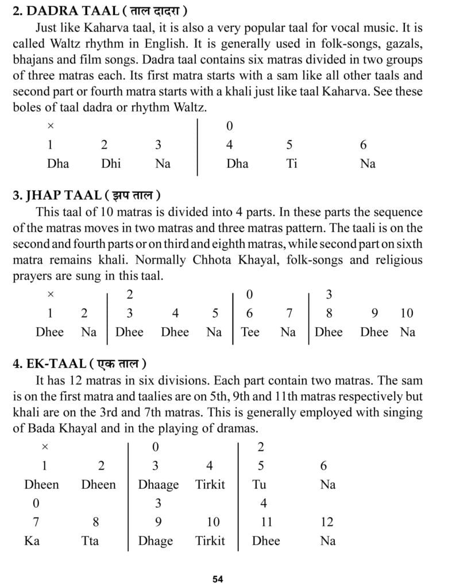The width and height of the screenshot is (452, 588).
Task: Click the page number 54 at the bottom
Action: pyautogui.click(x=217, y=579)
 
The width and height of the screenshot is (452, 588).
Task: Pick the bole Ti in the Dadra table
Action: pyautogui.click(x=292, y=164)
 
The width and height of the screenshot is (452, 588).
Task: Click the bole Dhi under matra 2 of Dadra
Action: pyautogui.click(x=111, y=164)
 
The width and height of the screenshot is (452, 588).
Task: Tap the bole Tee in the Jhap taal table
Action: pyautogui.click(x=250, y=332)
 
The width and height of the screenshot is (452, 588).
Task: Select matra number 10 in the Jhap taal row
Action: pyautogui.click(x=407, y=313)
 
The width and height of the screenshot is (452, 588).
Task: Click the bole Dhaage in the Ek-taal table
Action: pyautogui.click(x=159, y=485)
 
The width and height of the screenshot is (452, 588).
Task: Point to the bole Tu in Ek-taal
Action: pyautogui.click(x=259, y=485)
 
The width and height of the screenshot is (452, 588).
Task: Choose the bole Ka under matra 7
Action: pyautogui.click(x=32, y=540)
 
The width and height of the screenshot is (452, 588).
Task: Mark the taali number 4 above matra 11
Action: pyautogui.click(x=264, y=504)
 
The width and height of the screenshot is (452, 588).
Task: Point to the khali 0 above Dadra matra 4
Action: pyautogui.click(x=230, y=126)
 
